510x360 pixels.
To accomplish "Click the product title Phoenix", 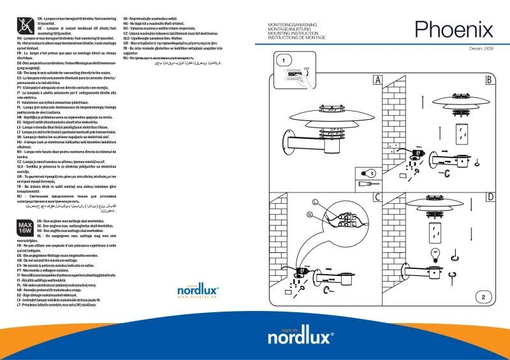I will pos(453,29).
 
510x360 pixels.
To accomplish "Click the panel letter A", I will pos(377,80).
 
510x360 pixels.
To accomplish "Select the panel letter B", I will pos(490,80).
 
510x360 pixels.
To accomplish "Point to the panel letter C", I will pos(377,198).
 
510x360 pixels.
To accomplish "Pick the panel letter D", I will pos(490,198).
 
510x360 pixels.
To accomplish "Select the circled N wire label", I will pos(310,215).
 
